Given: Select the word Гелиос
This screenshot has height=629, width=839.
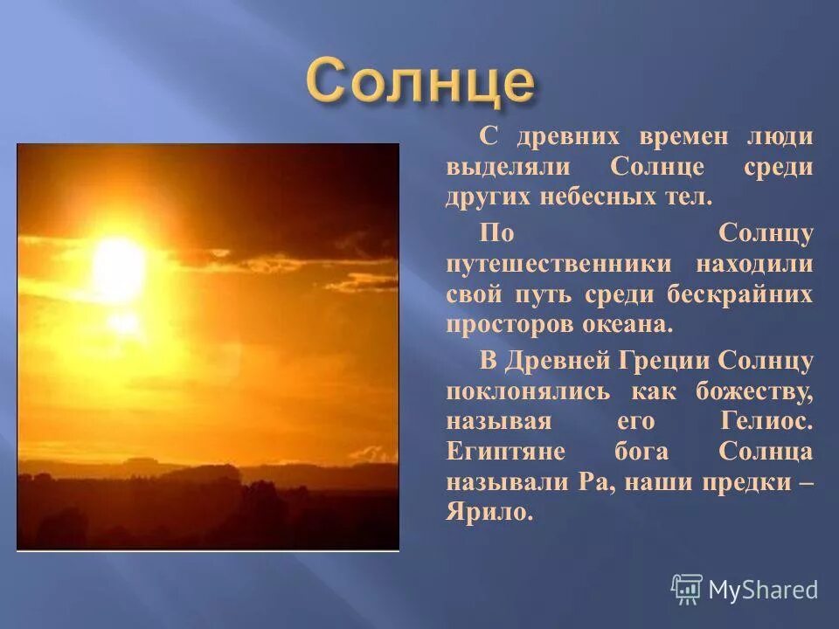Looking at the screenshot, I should click(x=766, y=421).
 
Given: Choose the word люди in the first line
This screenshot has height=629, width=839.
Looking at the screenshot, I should click(x=780, y=137).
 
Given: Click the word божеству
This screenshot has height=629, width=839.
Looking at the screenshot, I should click(x=754, y=391).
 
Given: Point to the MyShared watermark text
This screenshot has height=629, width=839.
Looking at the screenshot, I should click(x=763, y=590).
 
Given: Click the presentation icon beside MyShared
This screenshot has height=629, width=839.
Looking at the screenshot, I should click(x=687, y=590).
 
